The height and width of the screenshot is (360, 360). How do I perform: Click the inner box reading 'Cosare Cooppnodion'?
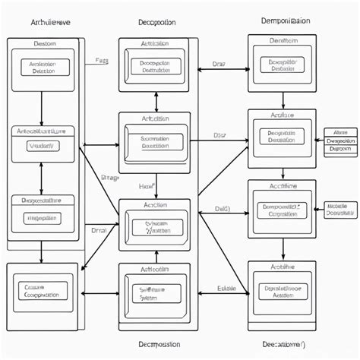[43, 290]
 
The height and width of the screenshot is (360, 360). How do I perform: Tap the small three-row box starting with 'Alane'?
[340, 141]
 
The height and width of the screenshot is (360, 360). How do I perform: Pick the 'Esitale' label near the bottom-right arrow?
[226, 288]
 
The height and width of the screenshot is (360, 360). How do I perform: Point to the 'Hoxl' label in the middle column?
[146, 185]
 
